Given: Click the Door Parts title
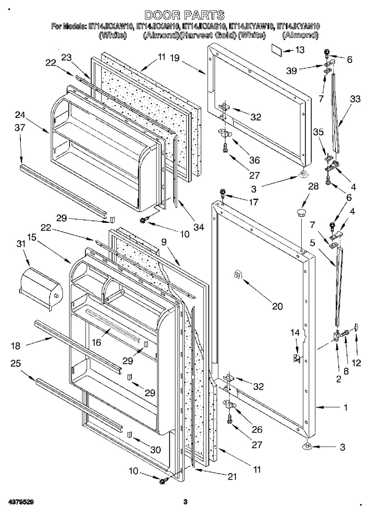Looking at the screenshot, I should (185, 15).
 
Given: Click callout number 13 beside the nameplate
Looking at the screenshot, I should (299, 50).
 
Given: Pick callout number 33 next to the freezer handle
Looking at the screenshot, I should (355, 99).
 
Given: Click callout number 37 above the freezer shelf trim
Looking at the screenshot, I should (20, 128).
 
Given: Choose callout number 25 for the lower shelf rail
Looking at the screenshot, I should (16, 364).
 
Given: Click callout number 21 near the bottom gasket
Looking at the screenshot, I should (231, 477).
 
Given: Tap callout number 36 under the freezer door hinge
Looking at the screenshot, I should (254, 160).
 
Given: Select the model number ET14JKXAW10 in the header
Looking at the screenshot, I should (111, 27).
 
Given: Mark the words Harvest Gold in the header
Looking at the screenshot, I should (208, 35).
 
